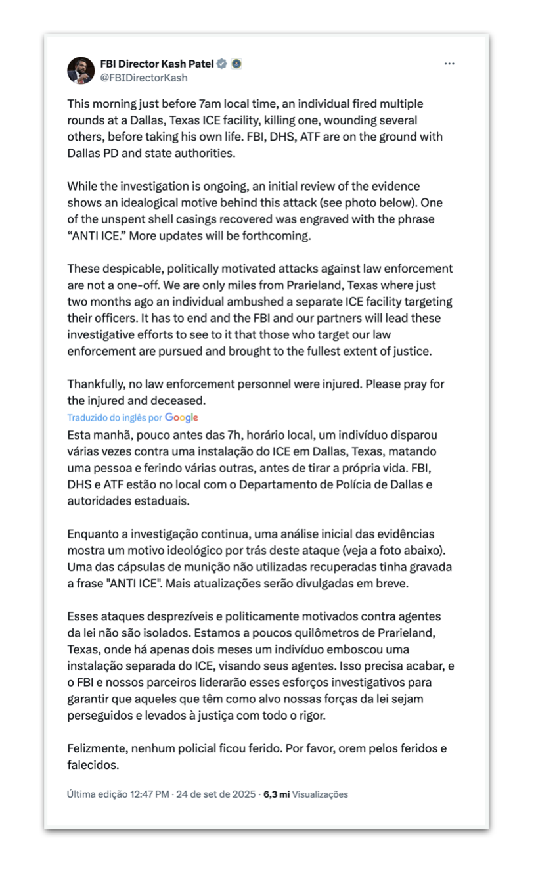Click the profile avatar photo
click(81, 70)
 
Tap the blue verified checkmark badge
click(223, 64)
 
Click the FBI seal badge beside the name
click(236, 64)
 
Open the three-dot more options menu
click(449, 64)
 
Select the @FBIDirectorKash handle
click(144, 78)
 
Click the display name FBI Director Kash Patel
click(157, 64)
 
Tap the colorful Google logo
click(181, 417)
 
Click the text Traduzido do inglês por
click(115, 418)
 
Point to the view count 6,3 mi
click(277, 794)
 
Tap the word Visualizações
click(320, 794)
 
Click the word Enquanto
click(92, 534)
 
